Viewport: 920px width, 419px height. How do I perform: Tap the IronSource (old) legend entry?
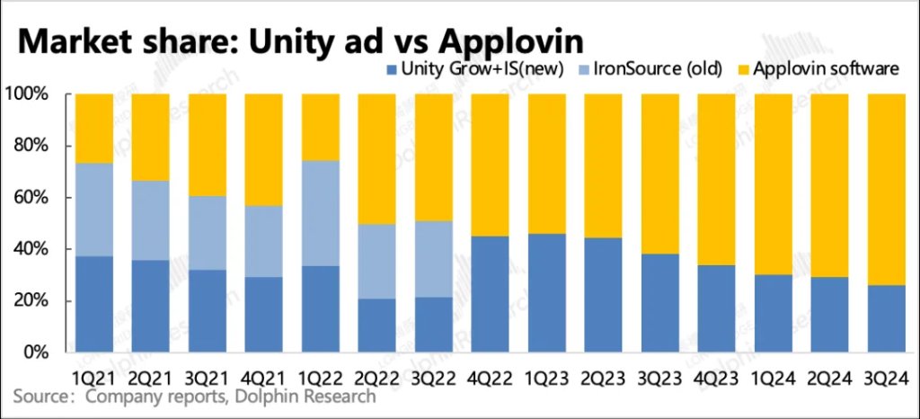(x=661, y=69)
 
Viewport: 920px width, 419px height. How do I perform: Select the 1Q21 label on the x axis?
(x=93, y=371)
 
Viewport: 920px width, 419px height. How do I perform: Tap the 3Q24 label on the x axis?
(x=885, y=371)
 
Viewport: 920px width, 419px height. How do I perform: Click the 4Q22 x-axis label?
(x=489, y=371)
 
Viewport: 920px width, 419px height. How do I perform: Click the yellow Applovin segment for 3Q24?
(x=885, y=189)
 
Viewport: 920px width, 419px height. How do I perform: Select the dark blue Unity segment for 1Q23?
(x=545, y=292)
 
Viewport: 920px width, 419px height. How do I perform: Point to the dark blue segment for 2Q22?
(x=376, y=325)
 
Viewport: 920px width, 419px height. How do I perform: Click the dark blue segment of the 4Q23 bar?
(x=715, y=308)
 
